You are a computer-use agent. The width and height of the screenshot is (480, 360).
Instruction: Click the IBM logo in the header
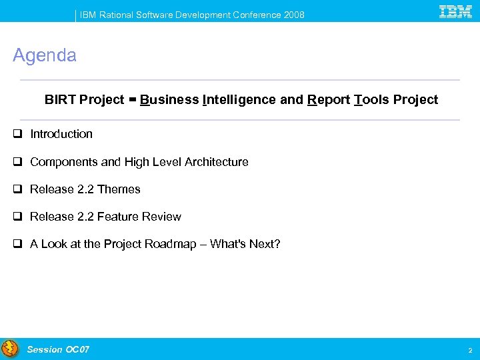click(x=456, y=11)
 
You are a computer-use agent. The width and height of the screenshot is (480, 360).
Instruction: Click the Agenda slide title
click(x=45, y=55)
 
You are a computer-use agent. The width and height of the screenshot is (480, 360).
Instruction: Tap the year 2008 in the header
click(x=293, y=15)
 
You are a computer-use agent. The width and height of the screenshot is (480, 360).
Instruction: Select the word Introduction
click(x=61, y=134)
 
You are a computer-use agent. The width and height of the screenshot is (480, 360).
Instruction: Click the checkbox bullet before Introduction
click(x=17, y=134)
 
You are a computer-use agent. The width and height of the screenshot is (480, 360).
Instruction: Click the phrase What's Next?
click(x=245, y=244)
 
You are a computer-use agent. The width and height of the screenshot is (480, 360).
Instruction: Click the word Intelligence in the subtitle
click(x=239, y=100)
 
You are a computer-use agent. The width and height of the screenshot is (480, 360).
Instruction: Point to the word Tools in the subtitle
click(x=371, y=100)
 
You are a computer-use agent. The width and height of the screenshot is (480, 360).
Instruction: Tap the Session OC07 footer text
click(x=58, y=349)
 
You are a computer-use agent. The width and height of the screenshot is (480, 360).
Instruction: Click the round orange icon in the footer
click(x=10, y=349)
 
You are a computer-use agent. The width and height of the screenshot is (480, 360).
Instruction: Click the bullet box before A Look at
click(x=17, y=244)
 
